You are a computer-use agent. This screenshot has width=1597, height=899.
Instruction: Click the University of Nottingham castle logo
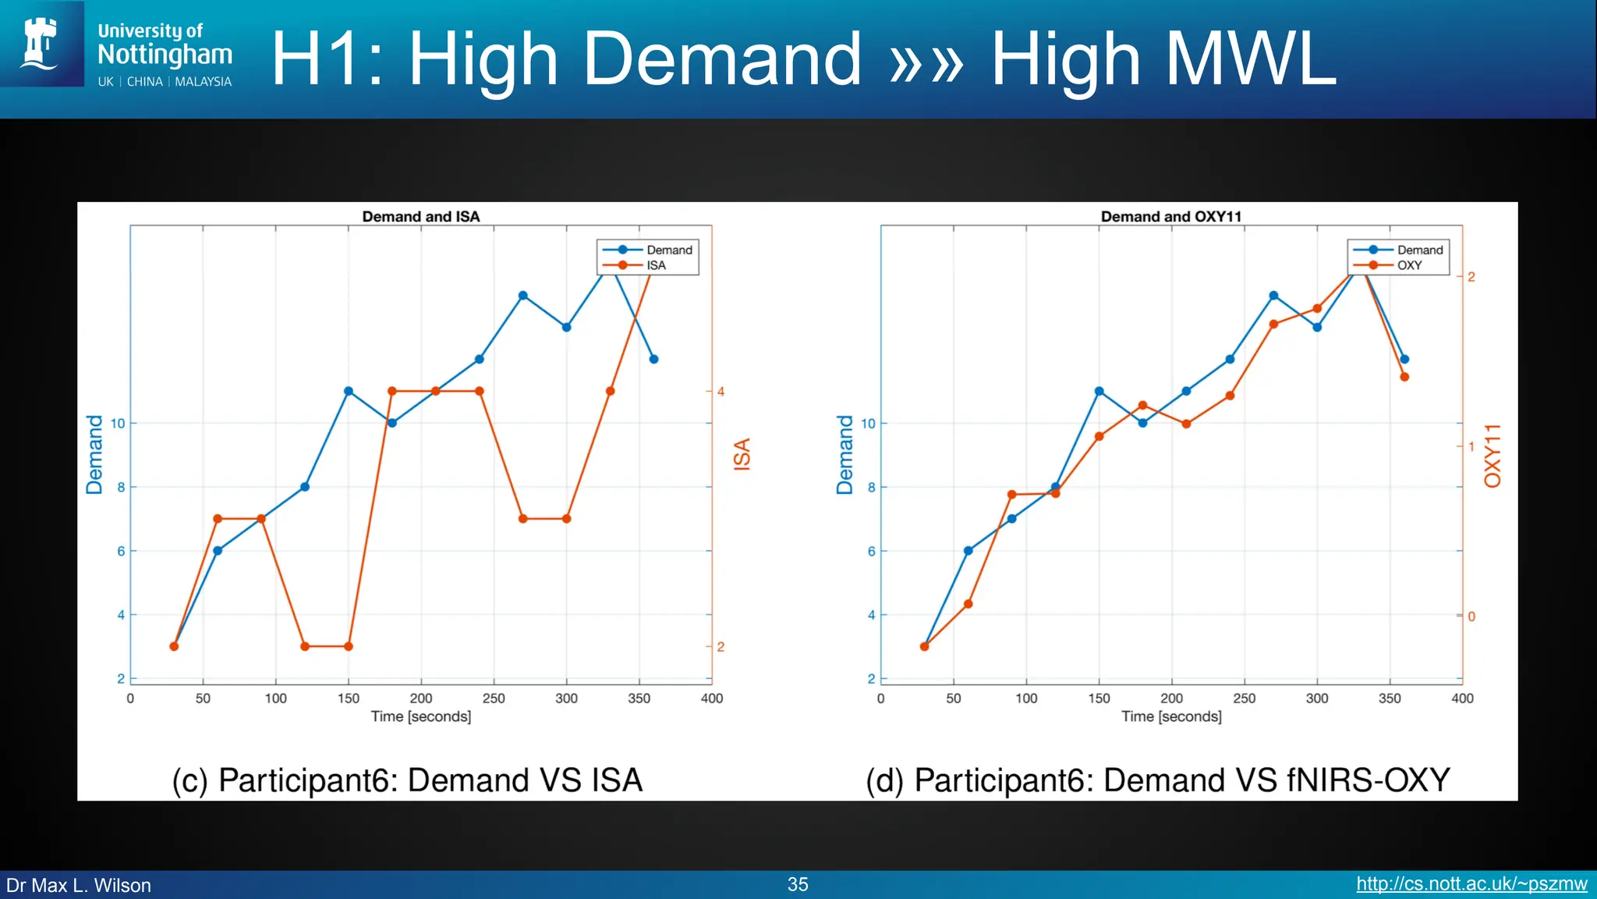tap(41, 44)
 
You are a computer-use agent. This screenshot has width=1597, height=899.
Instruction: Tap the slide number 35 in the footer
tap(797, 884)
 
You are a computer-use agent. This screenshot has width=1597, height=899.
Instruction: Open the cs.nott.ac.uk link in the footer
tap(1471, 884)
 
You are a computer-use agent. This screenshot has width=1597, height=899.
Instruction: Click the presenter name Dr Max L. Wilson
tap(79, 885)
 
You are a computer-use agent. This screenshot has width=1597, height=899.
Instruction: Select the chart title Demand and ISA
tap(420, 216)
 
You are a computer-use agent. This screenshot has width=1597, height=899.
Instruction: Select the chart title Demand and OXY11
tap(1170, 216)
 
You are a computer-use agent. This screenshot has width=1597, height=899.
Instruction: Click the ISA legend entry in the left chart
tap(655, 265)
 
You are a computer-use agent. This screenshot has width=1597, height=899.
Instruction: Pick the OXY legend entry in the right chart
tap(1408, 265)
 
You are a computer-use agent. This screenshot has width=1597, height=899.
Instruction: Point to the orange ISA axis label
tap(742, 453)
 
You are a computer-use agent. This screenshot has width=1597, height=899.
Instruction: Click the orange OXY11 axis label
tap(1492, 456)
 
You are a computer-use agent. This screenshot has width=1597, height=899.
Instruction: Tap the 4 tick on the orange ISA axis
tap(721, 391)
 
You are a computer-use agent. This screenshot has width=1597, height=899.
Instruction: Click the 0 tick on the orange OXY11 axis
tap(1471, 617)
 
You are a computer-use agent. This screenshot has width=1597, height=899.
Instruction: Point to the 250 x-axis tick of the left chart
tap(494, 698)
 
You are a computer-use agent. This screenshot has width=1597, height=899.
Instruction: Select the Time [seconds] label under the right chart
tap(1171, 716)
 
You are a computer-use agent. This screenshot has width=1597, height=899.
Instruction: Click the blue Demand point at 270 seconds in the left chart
tap(523, 296)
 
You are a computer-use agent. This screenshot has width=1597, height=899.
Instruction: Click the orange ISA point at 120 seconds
tap(305, 646)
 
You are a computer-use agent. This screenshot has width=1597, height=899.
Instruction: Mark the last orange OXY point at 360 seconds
tap(1404, 377)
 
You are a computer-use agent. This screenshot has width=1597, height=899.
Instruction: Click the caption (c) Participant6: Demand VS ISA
tap(407, 780)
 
